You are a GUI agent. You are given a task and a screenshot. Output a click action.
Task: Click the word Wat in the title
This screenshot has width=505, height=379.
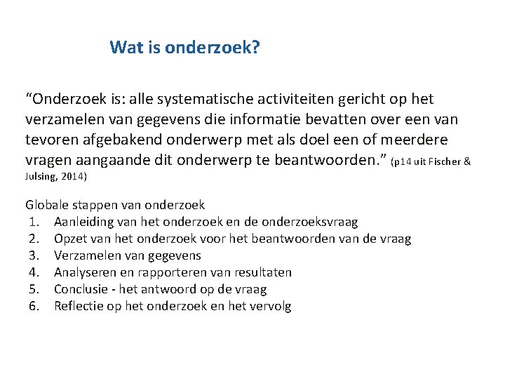pos(123,48)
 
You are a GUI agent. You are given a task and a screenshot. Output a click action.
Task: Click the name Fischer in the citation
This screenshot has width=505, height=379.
pos(445,162)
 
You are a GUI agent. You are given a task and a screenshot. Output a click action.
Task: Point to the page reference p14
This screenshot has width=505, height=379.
pos(400,162)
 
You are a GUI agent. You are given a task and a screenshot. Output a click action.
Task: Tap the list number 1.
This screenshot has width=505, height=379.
pos(33,222)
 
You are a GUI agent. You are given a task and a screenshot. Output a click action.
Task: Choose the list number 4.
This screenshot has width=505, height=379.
pos(33,272)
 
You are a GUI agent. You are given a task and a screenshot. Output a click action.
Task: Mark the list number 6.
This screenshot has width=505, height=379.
pos(33,306)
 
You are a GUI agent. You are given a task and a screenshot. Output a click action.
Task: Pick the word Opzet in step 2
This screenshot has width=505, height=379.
pos(69,239)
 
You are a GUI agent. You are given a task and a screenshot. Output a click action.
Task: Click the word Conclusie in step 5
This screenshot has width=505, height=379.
pos(81,289)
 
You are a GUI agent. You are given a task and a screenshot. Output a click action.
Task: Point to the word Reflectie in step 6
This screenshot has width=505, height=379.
pos(78,306)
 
